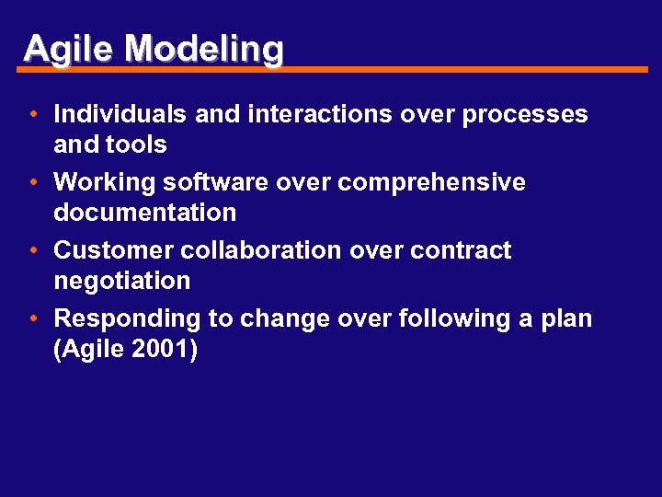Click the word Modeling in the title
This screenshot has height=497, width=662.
tap(204, 48)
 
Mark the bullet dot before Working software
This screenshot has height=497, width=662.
tap(32, 183)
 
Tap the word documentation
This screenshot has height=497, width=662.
tap(145, 213)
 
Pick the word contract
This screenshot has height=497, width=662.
tap(461, 250)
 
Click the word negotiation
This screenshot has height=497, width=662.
tap(122, 282)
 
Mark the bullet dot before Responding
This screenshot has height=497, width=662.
tap(32, 319)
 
